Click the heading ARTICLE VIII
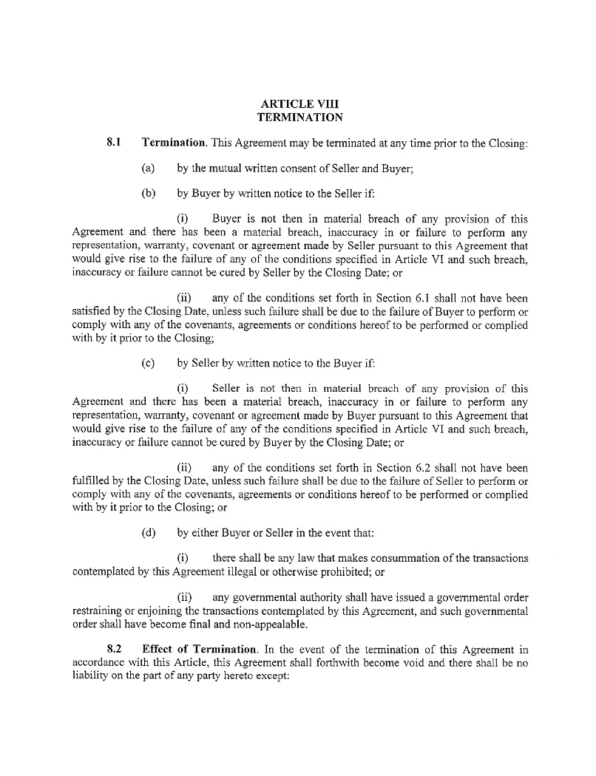[x=299, y=103]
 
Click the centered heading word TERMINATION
[x=299, y=117]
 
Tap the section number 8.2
[x=114, y=650]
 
